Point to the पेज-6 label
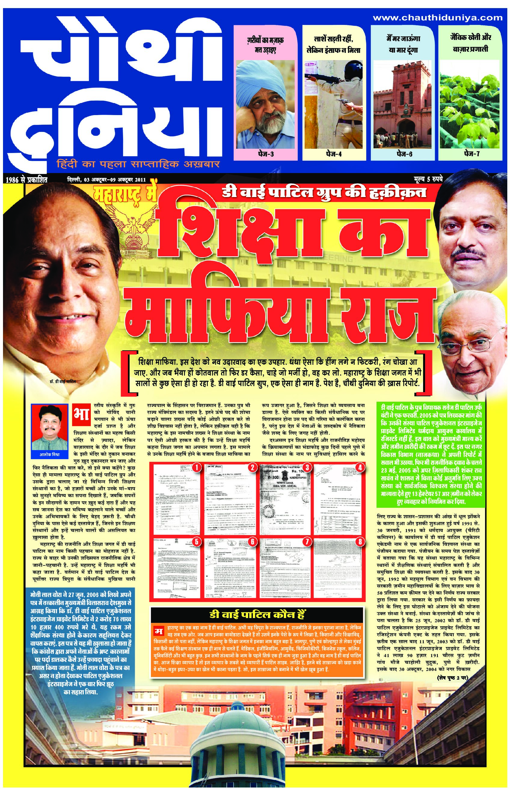pos(404,154)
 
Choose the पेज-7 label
pos(472,154)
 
